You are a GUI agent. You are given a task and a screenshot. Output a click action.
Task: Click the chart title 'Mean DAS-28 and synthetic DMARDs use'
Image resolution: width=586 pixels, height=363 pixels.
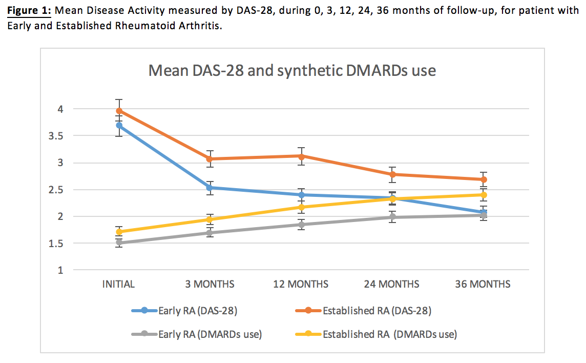point(292,70)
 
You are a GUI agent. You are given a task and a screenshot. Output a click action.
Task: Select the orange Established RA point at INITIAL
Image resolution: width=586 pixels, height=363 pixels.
point(119,111)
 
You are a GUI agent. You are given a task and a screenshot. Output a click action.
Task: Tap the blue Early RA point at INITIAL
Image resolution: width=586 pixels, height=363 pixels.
point(119,125)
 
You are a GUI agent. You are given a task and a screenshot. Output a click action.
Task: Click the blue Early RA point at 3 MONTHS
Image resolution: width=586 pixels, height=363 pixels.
point(210,188)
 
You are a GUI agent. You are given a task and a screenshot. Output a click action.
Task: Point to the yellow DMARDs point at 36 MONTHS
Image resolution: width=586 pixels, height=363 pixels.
point(483,195)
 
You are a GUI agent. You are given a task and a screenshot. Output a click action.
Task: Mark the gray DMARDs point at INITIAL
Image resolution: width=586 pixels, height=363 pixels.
point(119,243)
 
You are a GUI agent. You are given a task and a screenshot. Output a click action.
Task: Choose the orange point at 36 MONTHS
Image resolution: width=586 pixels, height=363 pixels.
point(483,179)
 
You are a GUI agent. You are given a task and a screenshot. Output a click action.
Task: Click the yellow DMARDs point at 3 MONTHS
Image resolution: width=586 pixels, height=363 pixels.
point(210,219)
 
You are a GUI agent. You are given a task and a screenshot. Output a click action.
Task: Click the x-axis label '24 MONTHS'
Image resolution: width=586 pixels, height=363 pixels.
point(391,284)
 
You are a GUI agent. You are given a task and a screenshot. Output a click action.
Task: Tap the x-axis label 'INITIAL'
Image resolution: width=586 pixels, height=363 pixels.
point(119,284)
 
